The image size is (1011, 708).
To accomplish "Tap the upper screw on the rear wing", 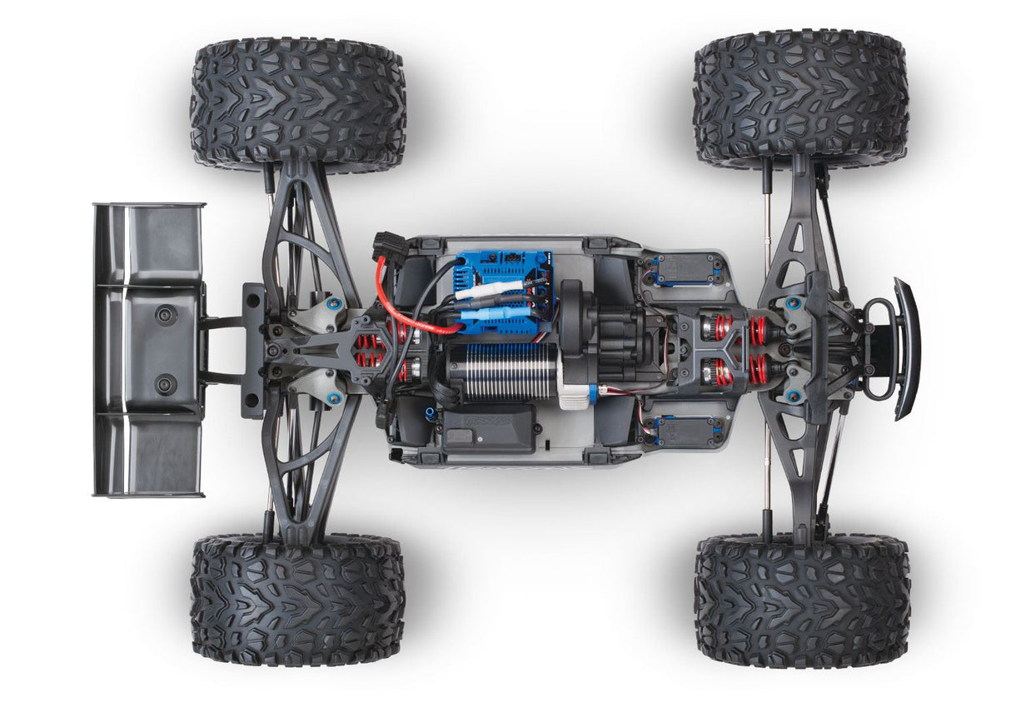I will [x=166, y=316].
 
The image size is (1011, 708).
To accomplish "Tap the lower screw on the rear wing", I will [x=166, y=385].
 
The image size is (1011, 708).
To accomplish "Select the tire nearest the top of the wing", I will [x=297, y=105].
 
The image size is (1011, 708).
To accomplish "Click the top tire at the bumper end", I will [x=800, y=99].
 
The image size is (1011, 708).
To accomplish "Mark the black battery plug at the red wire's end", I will [x=390, y=245].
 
